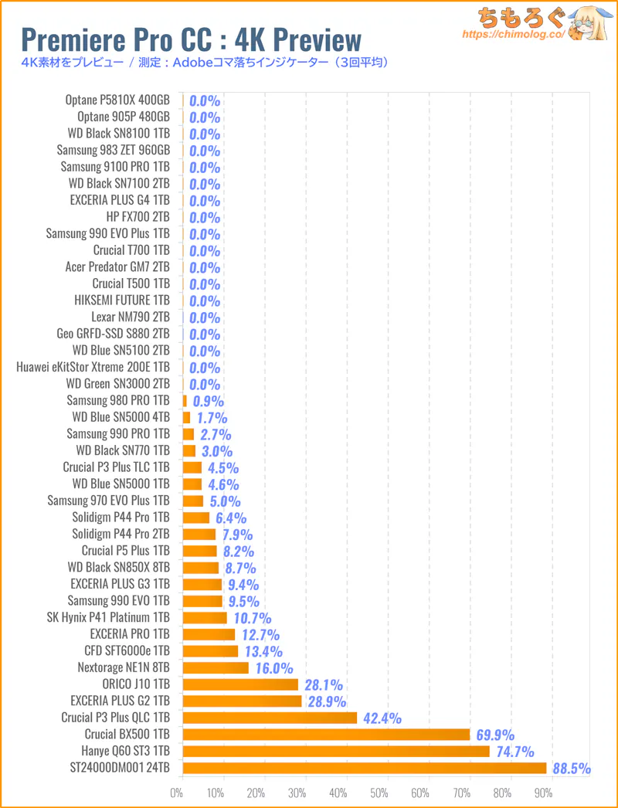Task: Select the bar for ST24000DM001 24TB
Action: click(365, 768)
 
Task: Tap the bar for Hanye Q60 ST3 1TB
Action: click(336, 751)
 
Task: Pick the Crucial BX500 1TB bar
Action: click(326, 735)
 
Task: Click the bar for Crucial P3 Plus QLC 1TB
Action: click(270, 718)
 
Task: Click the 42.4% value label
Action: click(382, 718)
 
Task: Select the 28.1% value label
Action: click(323, 685)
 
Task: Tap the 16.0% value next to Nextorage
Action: click(274, 668)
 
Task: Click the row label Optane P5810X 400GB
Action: click(117, 100)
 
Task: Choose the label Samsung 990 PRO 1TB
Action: click(117, 433)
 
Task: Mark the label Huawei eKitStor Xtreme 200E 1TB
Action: click(93, 367)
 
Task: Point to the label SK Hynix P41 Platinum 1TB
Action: click(108, 617)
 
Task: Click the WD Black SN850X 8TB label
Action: click(118, 567)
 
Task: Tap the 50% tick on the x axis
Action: click(379, 792)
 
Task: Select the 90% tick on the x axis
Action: click(542, 792)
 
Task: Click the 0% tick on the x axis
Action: click(177, 792)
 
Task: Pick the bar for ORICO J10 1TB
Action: click(240, 684)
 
